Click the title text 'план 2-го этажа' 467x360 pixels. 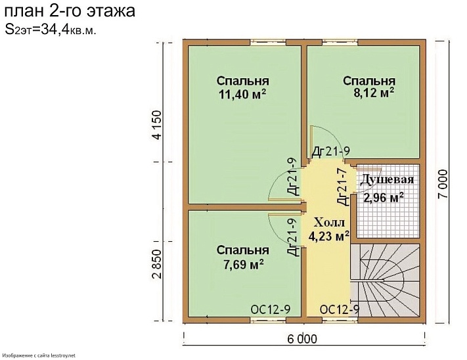71,11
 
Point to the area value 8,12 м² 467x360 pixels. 374,93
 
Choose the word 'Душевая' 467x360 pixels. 386,180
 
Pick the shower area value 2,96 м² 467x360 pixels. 384,197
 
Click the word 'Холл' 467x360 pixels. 328,221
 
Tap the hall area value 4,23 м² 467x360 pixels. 328,236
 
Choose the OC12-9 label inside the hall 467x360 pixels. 338,309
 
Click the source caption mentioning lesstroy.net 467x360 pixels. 39,355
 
